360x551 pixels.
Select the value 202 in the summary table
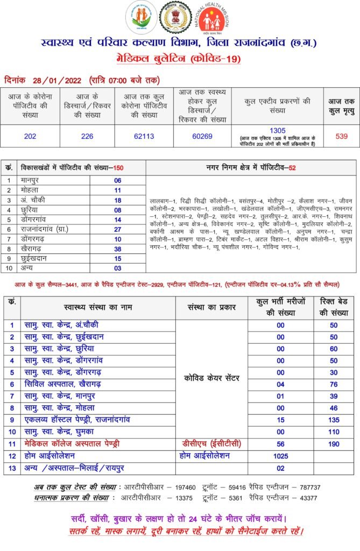pos(30,136)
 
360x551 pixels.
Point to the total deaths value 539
pos(341,136)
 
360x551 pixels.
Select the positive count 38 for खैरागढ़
pos(117,249)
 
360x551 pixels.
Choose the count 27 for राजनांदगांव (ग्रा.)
pos(117,229)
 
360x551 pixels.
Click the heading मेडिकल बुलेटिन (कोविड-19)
pos(179,59)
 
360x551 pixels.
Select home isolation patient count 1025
pos(280,456)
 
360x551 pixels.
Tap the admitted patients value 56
pos(280,444)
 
